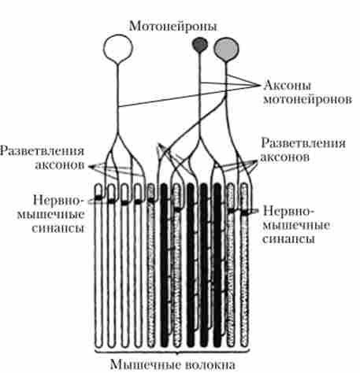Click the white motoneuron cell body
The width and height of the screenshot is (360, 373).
[x=118, y=48]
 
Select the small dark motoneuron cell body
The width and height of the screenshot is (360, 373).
[x=200, y=45]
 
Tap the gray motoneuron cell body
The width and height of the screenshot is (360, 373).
[x=226, y=49]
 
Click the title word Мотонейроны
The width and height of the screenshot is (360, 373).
[x=173, y=27]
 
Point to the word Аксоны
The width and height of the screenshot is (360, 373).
[x=287, y=86]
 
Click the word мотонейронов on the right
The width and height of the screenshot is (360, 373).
[x=307, y=99]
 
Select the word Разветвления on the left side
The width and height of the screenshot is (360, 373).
[x=42, y=152]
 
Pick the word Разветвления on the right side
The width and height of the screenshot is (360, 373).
[x=303, y=143]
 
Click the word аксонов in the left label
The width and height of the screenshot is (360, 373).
[x=60, y=165]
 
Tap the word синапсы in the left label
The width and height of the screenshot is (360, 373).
[x=58, y=228]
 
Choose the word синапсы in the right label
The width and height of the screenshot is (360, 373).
[x=289, y=238]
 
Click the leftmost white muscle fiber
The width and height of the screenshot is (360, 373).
[x=98, y=265]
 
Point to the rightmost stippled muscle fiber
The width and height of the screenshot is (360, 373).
[x=244, y=265]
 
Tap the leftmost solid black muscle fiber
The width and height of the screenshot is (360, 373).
[x=165, y=265]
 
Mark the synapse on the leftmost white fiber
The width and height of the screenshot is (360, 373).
[x=98, y=198]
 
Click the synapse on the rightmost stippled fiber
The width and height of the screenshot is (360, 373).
[x=245, y=212]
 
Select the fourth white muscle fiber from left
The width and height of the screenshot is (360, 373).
[x=138, y=265]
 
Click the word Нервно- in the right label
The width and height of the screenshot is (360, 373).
[x=288, y=211]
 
